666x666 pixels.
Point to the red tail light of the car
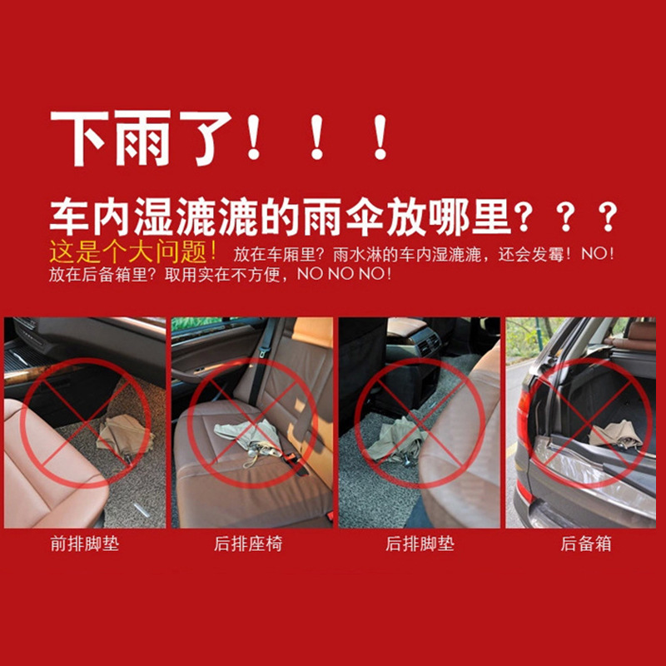[525, 416]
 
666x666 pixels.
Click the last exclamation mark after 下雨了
[380, 138]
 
